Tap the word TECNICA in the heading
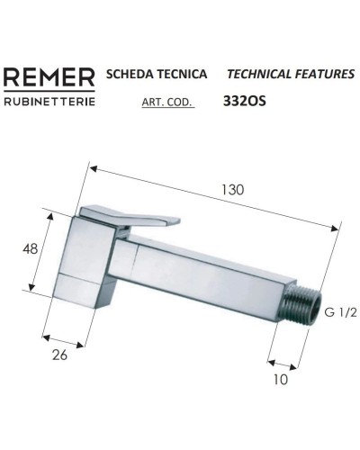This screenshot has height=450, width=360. [x=181, y=75]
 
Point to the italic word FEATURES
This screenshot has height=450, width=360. [x=321, y=75]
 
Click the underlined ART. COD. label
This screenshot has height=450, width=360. [x=167, y=103]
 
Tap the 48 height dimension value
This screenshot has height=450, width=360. [x=31, y=250]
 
